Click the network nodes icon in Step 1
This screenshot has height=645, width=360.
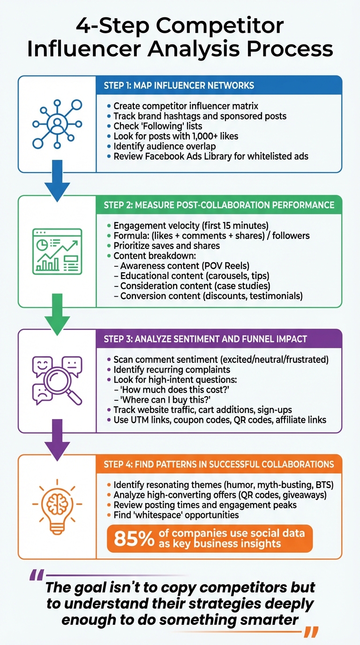[x=57, y=124]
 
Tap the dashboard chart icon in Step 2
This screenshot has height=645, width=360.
[x=57, y=251]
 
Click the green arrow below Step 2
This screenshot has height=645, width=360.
[x=57, y=314]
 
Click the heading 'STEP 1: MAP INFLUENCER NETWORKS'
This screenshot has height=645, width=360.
[x=179, y=85]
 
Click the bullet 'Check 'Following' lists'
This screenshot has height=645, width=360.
[x=158, y=126]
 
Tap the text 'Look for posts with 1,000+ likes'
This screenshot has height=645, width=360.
[x=175, y=136]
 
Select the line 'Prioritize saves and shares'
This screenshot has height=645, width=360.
[x=166, y=246]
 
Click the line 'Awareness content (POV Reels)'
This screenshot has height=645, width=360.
[x=185, y=265]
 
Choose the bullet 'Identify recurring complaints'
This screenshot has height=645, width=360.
[x=172, y=370]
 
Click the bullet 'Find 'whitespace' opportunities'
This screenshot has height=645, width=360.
[x=176, y=515]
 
